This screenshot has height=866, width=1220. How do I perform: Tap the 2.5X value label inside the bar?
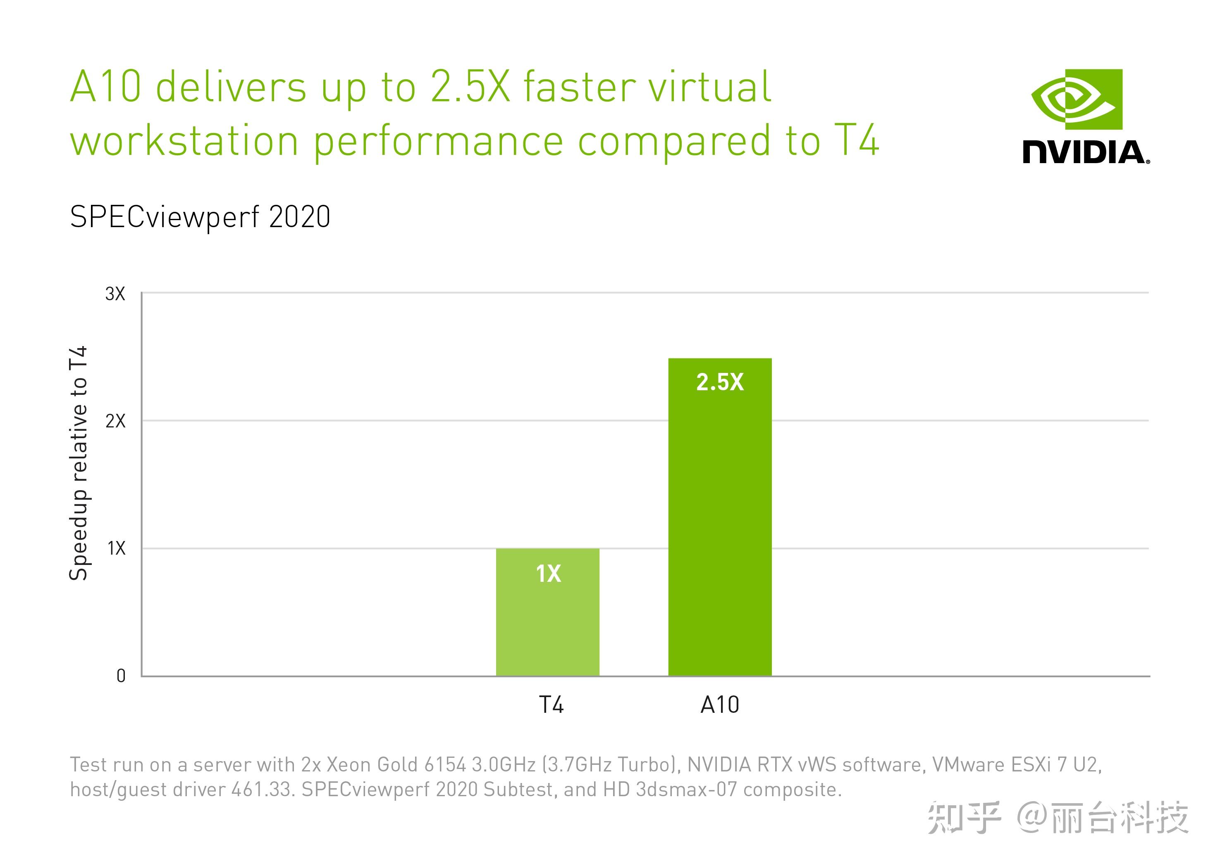coord(719,382)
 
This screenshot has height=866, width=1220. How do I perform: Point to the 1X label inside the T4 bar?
coord(548,574)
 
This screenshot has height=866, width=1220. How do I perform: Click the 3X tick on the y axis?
coord(115,294)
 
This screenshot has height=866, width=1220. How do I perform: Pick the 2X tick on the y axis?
coord(115,421)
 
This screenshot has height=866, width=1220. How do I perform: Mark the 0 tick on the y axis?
coord(121,676)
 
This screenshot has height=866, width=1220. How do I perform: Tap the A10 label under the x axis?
coord(719,705)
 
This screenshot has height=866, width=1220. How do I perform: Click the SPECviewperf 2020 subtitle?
coord(200,217)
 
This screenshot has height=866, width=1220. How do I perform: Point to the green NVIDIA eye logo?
coord(1077,99)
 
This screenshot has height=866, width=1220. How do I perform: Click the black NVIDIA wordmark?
coord(1086,152)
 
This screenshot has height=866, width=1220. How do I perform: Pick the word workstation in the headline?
coord(184,141)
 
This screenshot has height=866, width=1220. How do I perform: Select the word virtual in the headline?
coord(709,86)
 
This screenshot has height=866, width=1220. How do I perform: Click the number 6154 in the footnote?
coord(445,765)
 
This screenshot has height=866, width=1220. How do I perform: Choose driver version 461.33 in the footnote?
coord(263,789)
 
